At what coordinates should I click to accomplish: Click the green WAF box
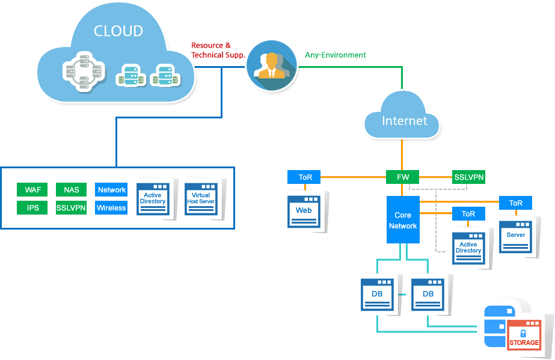coord(32,190)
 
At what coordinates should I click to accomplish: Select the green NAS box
coord(71,190)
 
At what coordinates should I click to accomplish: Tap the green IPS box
coord(32,208)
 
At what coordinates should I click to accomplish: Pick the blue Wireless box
coord(111,208)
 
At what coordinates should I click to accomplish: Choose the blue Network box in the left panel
coord(111,190)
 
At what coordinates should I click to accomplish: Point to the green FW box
coord(402,177)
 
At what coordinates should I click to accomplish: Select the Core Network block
coord(402,220)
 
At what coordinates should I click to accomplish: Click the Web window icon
coord(304,211)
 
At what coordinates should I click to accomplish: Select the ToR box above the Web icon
coord(304,177)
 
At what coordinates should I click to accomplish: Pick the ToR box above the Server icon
coord(515,203)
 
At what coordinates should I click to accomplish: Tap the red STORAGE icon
coord(524,337)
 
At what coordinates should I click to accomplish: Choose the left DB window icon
coord(377,294)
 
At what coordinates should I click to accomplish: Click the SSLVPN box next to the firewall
coord(468,177)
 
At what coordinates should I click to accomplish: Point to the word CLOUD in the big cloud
coord(118,31)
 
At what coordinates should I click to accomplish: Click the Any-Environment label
coord(336,55)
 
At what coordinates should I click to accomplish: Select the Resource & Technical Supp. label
coord(218,50)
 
